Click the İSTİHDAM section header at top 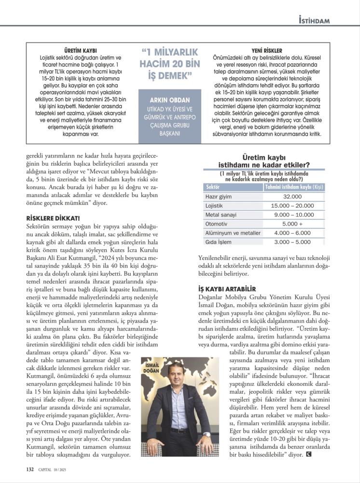click(x=314, y=21)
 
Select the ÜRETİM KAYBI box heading click(x=81, y=50)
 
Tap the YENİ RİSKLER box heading click(x=267, y=50)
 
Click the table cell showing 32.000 click(x=292, y=197)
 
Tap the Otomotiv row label click(x=217, y=224)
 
